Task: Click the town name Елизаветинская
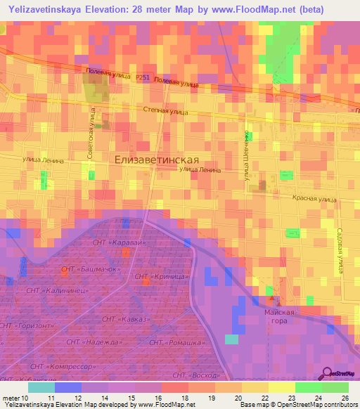point(162,160)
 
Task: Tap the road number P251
point(143,77)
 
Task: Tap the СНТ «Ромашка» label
point(172,342)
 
